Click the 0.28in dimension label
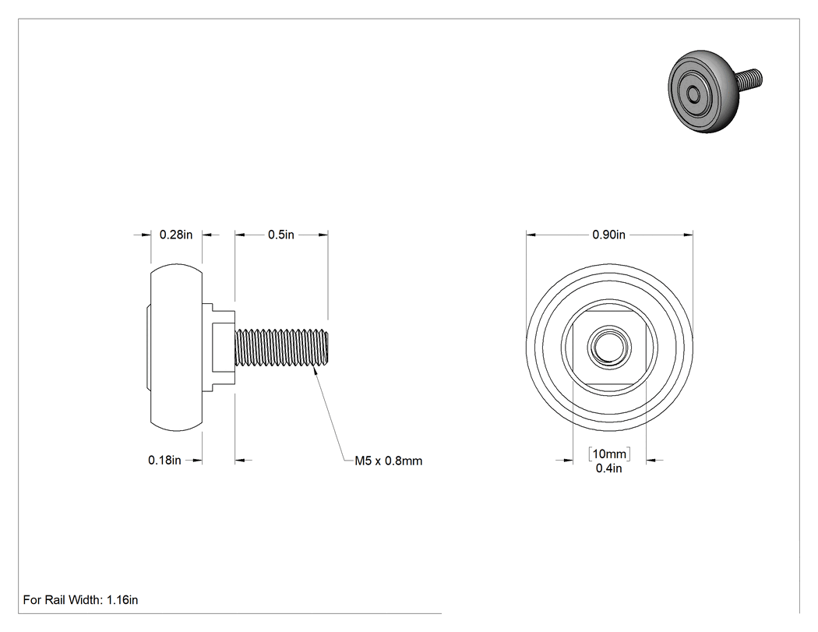[x=176, y=235]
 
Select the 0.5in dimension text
[x=281, y=235]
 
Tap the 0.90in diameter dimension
[x=608, y=235]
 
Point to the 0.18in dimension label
[x=164, y=461]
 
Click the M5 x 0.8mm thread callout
[x=389, y=461]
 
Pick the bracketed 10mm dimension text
[x=609, y=454]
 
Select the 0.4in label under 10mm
[x=608, y=468]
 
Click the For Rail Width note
[x=80, y=600]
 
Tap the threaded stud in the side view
[x=282, y=347]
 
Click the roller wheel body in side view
[x=176, y=348]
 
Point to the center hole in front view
[x=609, y=348]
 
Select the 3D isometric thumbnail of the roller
[x=715, y=91]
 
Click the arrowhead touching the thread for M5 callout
[x=315, y=369]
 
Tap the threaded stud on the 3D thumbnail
[x=749, y=79]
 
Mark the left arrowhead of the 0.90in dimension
[x=531, y=235]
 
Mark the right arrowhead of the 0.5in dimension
[x=323, y=235]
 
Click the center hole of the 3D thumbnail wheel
[x=694, y=95]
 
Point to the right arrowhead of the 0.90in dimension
[x=688, y=235]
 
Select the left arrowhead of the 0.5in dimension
[x=240, y=235]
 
